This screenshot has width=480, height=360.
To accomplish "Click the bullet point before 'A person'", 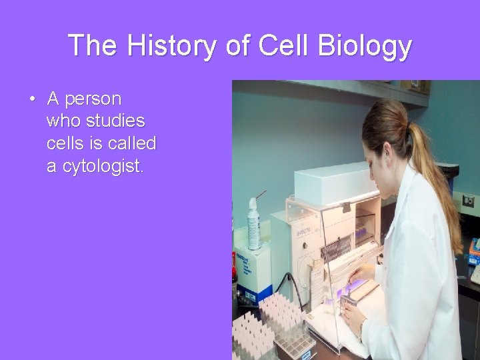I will [31, 100].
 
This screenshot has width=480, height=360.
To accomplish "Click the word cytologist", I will [103, 166].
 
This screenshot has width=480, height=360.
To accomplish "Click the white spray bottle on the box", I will [254, 223].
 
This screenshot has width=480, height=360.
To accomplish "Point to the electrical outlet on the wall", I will [469, 201].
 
